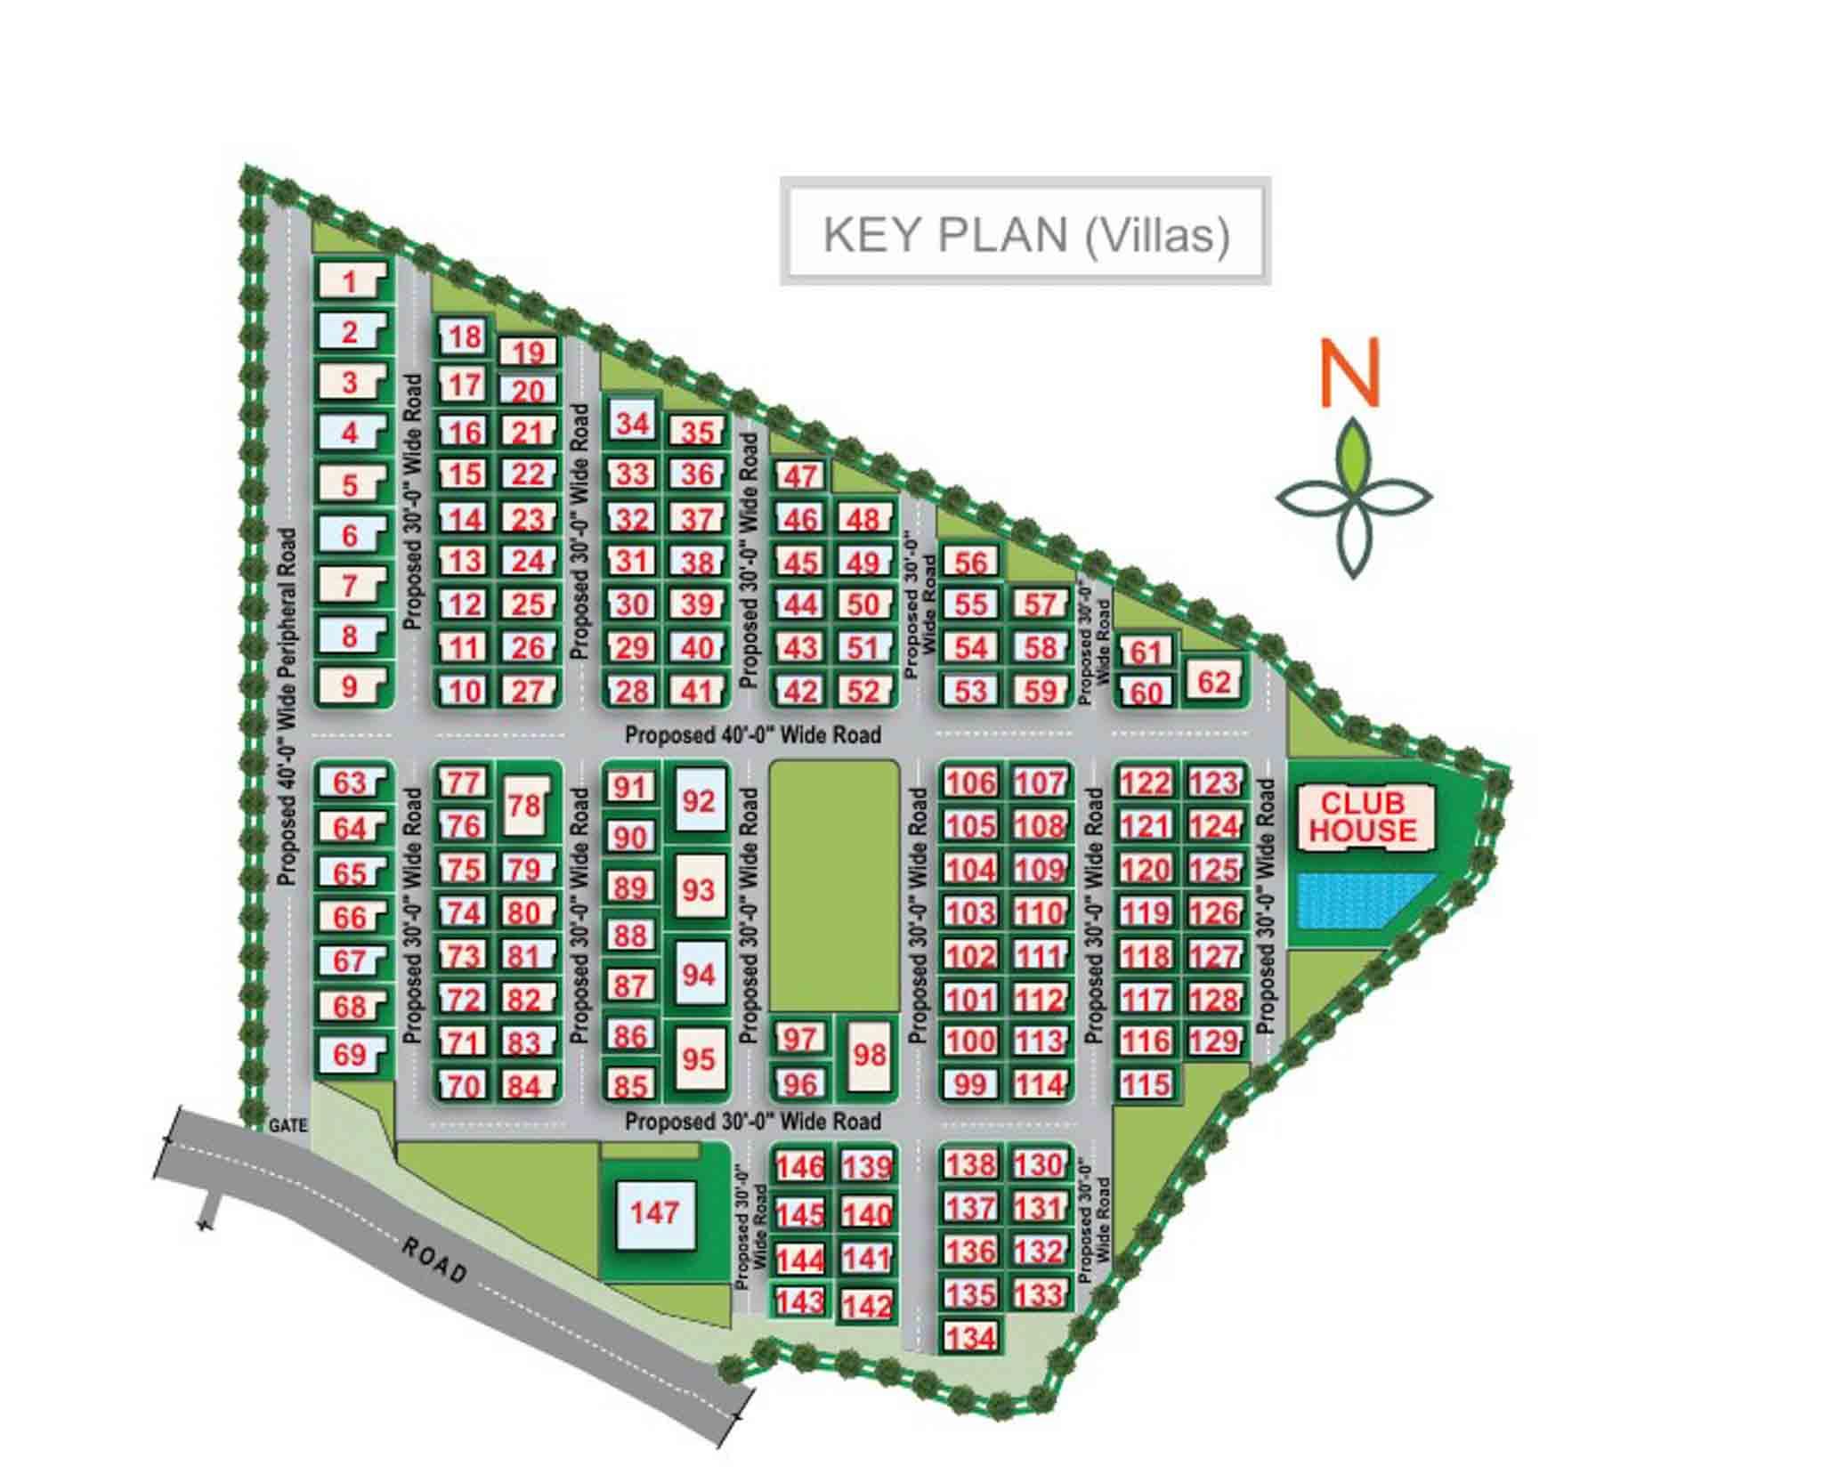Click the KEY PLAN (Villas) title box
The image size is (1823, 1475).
point(1025,234)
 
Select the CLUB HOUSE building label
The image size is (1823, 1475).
point(1362,817)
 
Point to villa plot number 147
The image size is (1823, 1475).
point(654,1212)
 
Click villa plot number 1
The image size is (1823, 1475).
point(350,281)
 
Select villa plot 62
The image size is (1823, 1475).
point(1213,682)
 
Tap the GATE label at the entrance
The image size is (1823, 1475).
point(288,1126)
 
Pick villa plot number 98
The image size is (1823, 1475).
point(869,1055)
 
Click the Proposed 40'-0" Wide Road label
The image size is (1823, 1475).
point(752,735)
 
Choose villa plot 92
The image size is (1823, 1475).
point(699,801)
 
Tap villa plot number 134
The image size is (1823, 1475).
point(970,1337)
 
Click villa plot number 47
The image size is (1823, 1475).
point(799,476)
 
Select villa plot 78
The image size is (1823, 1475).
point(523,806)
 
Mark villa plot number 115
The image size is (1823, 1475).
point(1145,1084)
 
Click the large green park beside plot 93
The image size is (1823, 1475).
point(833,885)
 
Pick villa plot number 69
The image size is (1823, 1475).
point(350,1055)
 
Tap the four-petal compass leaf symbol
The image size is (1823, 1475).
point(1353,498)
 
